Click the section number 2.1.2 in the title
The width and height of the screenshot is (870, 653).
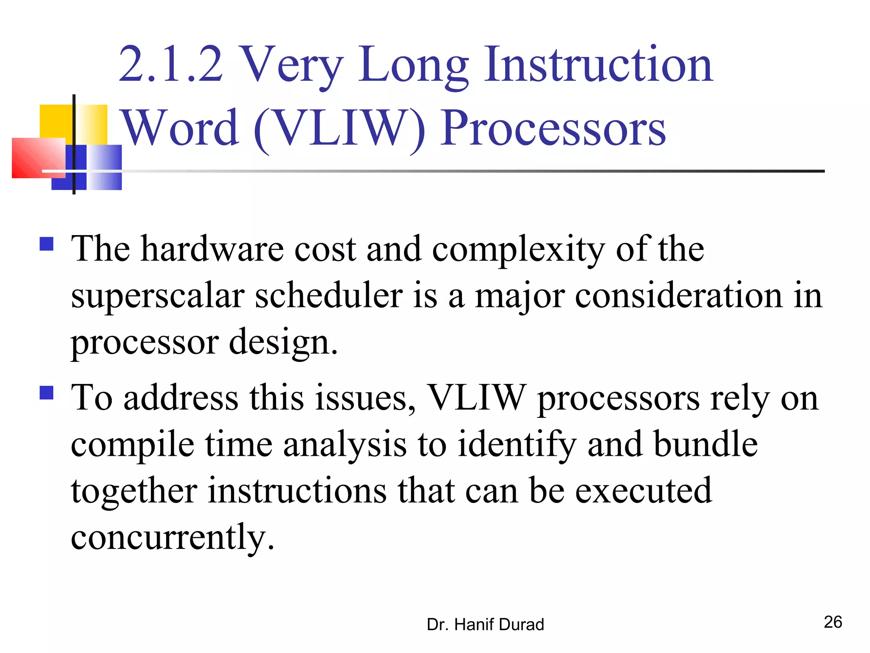(x=171, y=65)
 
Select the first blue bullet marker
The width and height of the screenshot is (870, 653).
(x=46, y=244)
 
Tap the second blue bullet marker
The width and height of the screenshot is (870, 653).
(x=46, y=393)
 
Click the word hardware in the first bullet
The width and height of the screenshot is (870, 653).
(x=212, y=249)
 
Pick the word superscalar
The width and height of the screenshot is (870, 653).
(x=158, y=296)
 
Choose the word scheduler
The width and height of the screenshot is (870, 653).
(x=328, y=296)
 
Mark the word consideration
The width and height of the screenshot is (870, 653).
(x=678, y=296)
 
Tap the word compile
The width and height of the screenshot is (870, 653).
(x=132, y=445)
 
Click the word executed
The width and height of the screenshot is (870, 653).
(x=644, y=491)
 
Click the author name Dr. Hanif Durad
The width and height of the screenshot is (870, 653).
(x=485, y=625)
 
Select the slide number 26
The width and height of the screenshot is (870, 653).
(x=833, y=622)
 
